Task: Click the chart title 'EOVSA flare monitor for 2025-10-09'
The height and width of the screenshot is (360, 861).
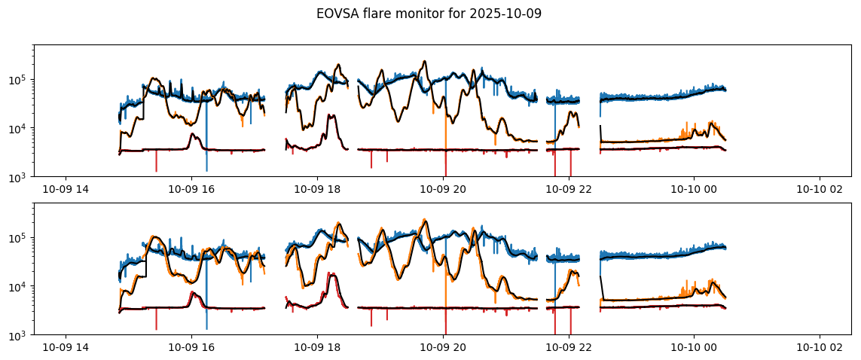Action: click(x=429, y=14)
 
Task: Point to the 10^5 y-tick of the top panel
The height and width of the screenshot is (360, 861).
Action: click(x=18, y=80)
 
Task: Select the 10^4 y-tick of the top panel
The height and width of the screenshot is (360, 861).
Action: click(x=18, y=129)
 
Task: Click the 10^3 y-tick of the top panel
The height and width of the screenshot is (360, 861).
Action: click(x=18, y=177)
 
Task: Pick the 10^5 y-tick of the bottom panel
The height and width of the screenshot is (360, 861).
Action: click(x=18, y=238)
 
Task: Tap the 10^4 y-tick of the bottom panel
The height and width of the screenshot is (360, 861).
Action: click(x=18, y=287)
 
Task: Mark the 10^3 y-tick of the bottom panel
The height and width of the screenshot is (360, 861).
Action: click(x=18, y=335)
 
